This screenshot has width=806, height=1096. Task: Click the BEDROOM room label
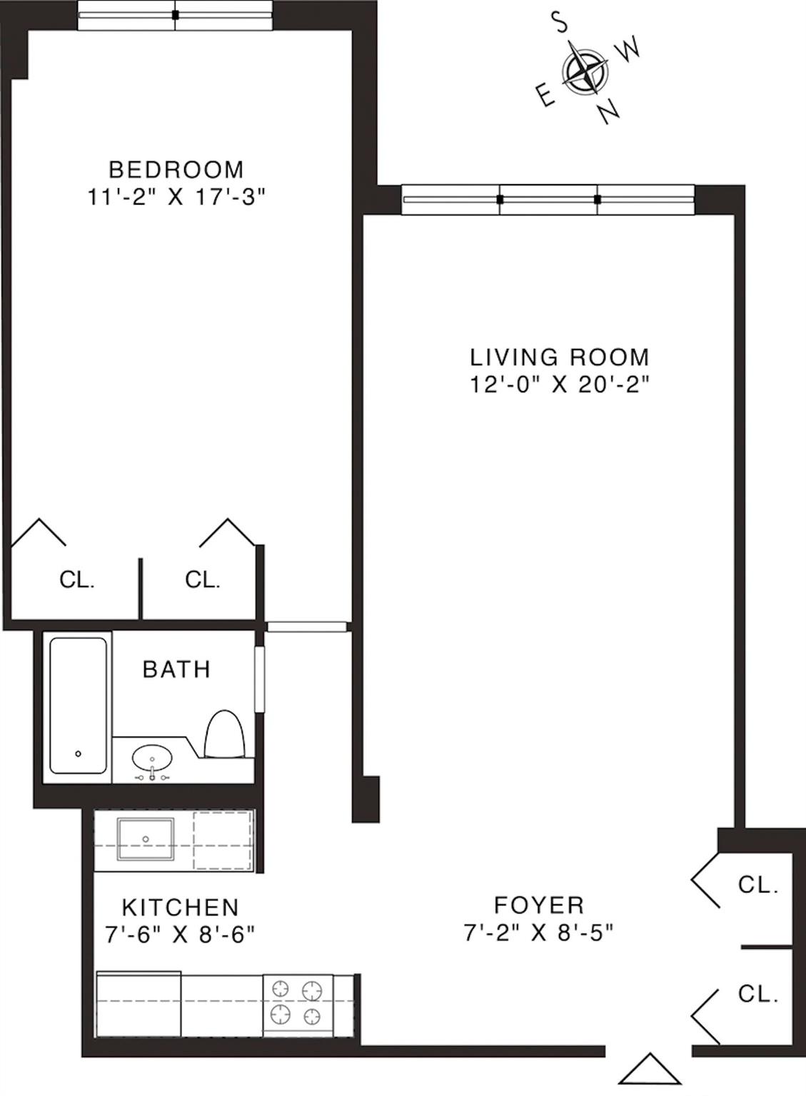pyautogui.click(x=176, y=170)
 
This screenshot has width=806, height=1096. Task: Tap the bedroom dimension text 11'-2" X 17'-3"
pyautogui.click(x=176, y=197)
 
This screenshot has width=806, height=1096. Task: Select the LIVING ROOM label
pyautogui.click(x=560, y=357)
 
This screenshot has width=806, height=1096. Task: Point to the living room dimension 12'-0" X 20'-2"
pyautogui.click(x=560, y=385)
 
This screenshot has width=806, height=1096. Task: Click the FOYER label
pyautogui.click(x=539, y=905)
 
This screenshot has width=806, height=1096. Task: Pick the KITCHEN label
pyautogui.click(x=180, y=908)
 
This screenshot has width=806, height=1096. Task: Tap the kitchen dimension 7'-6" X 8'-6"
pyautogui.click(x=180, y=934)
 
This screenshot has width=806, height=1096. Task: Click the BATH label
pyautogui.click(x=176, y=669)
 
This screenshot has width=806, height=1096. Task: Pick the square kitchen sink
pyautogui.click(x=146, y=839)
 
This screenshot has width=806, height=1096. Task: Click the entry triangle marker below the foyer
pyautogui.click(x=650, y=1070)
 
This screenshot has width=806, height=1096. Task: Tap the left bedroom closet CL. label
pyautogui.click(x=77, y=580)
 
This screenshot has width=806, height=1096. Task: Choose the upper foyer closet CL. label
pyautogui.click(x=757, y=885)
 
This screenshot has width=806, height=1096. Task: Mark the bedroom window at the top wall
pyautogui.click(x=175, y=15)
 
